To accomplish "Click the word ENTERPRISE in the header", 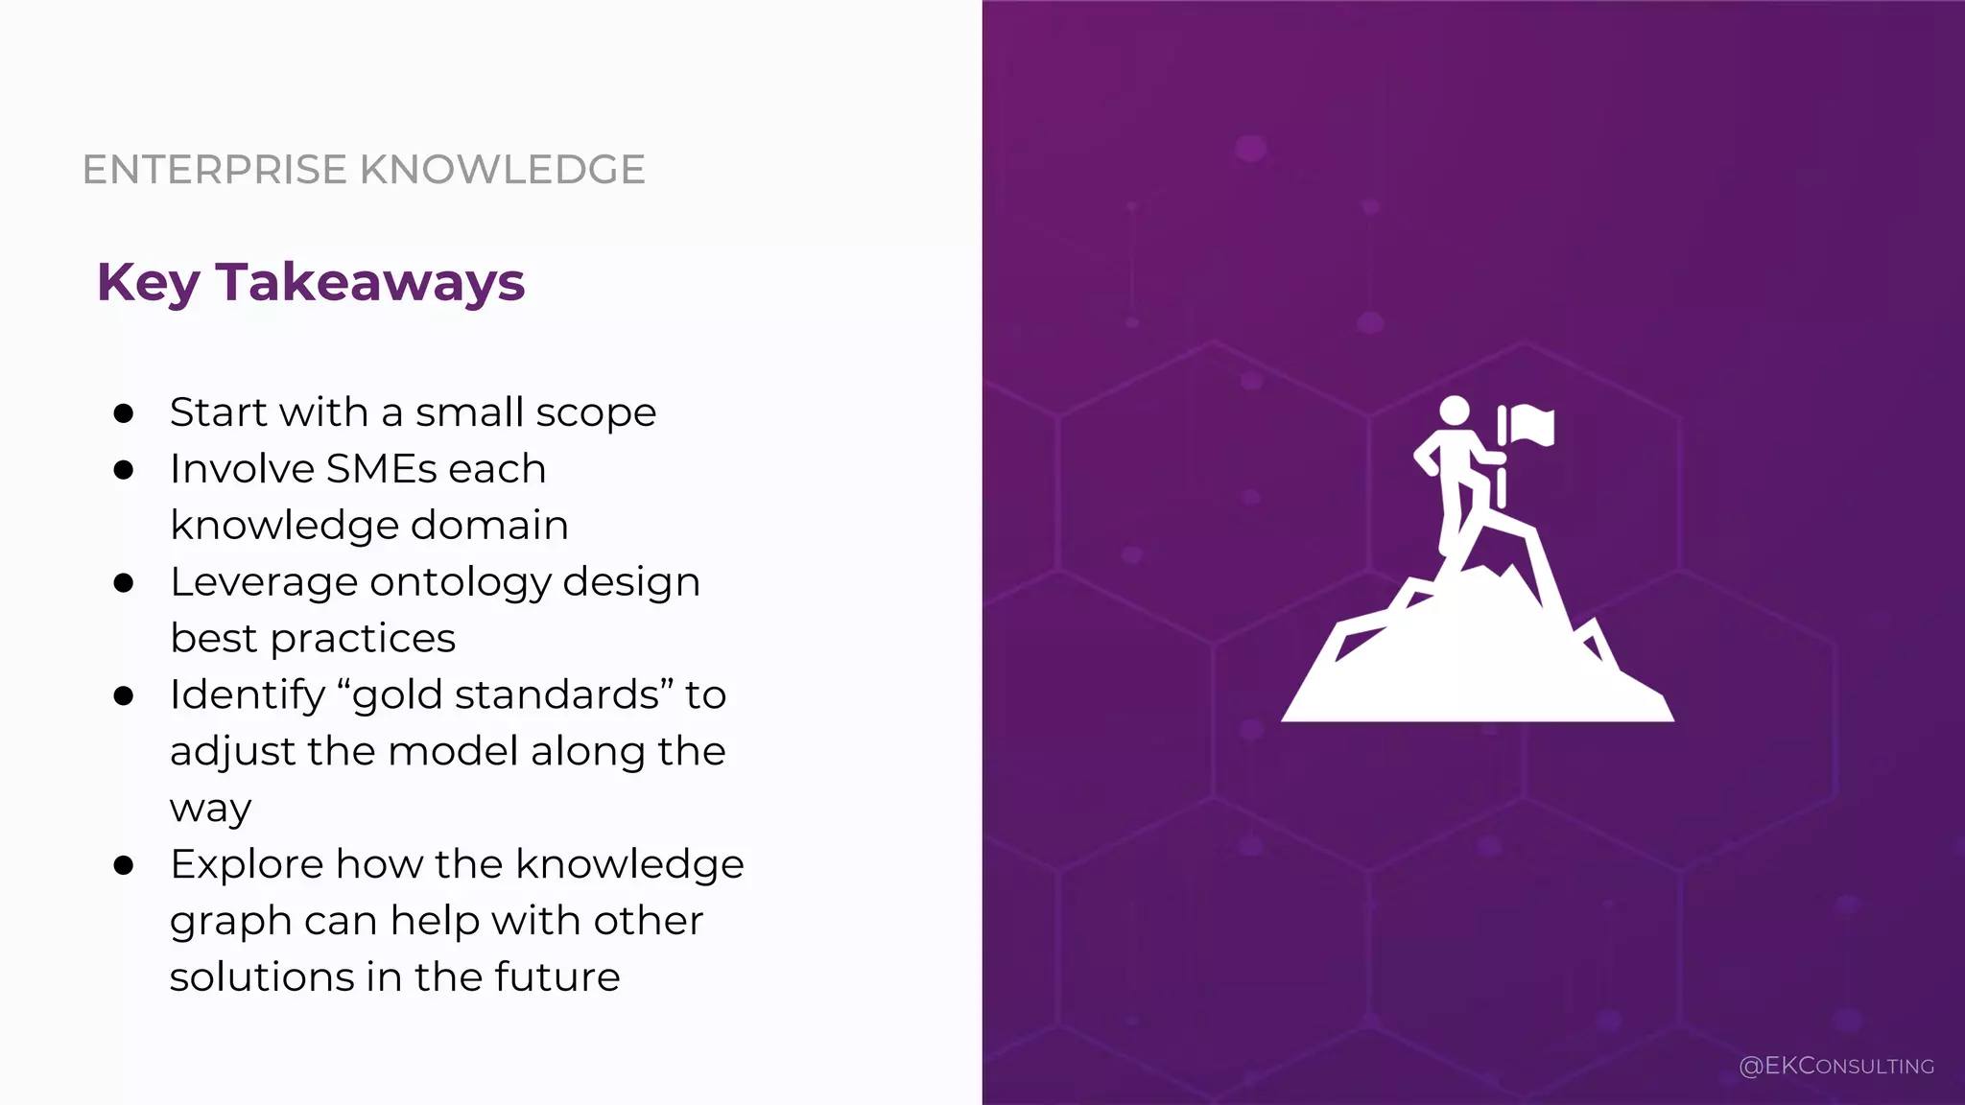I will click(214, 170).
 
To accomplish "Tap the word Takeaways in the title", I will click(369, 282).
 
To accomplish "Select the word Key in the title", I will click(148, 284).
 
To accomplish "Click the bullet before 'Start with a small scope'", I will click(123, 413).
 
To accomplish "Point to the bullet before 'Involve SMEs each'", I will click(123, 470).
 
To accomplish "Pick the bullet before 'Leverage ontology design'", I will click(123, 583).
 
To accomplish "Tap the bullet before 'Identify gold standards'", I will click(123, 695).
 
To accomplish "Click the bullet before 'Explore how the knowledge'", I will click(123, 865).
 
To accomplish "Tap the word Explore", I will click(247, 864).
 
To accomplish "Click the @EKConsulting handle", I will click(1835, 1066).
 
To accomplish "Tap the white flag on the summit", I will click(1531, 425).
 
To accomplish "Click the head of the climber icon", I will click(1455, 411).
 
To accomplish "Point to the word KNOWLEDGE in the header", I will click(502, 170).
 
